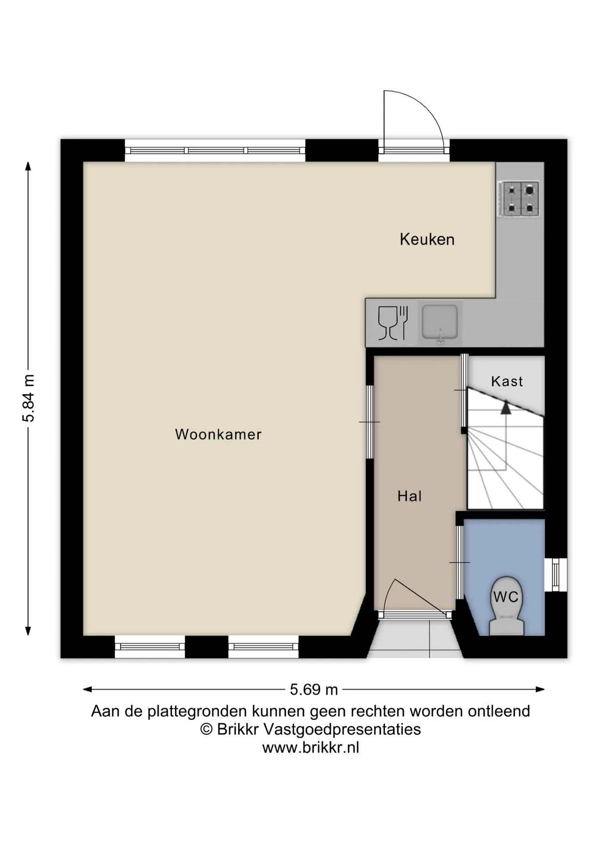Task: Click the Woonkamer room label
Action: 218,434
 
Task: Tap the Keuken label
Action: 427,239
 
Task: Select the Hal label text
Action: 409,496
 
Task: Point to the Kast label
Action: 507,381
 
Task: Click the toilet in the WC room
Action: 506,606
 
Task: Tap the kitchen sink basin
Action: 440,323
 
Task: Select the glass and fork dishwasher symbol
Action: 393,323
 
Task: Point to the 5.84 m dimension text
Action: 28,398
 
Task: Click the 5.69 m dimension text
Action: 314,690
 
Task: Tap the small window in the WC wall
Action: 556,575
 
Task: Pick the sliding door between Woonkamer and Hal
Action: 370,422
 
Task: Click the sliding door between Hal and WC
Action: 460,562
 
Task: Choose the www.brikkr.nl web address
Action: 311,748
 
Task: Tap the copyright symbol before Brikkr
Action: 206,729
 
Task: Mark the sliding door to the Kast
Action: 464,390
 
